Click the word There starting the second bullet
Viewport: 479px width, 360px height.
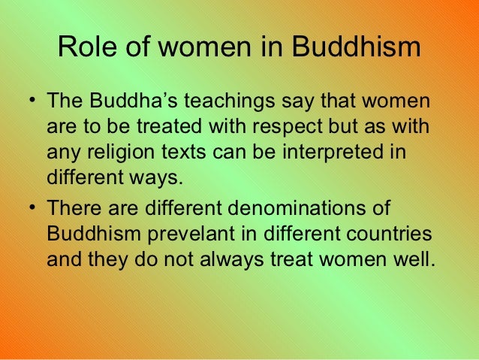pyautogui.click(x=74, y=207)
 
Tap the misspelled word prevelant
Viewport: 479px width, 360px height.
pyautogui.click(x=195, y=234)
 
